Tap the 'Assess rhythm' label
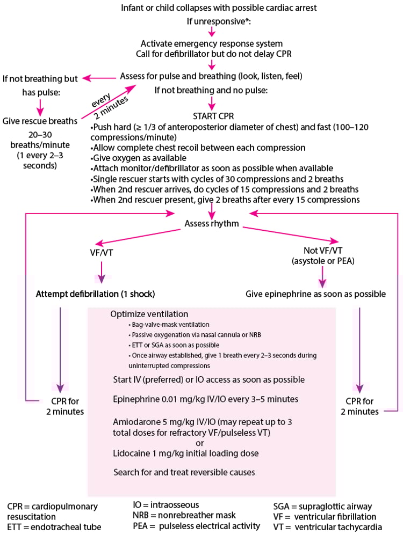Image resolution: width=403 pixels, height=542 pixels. [211, 223]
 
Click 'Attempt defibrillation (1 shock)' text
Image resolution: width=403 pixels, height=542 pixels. [96, 294]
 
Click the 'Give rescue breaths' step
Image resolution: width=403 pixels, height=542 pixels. [39, 121]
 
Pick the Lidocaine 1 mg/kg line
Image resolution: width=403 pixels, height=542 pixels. [186, 453]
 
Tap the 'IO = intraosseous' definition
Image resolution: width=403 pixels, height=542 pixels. [165, 504]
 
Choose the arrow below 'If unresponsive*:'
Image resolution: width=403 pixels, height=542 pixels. [211, 32]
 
